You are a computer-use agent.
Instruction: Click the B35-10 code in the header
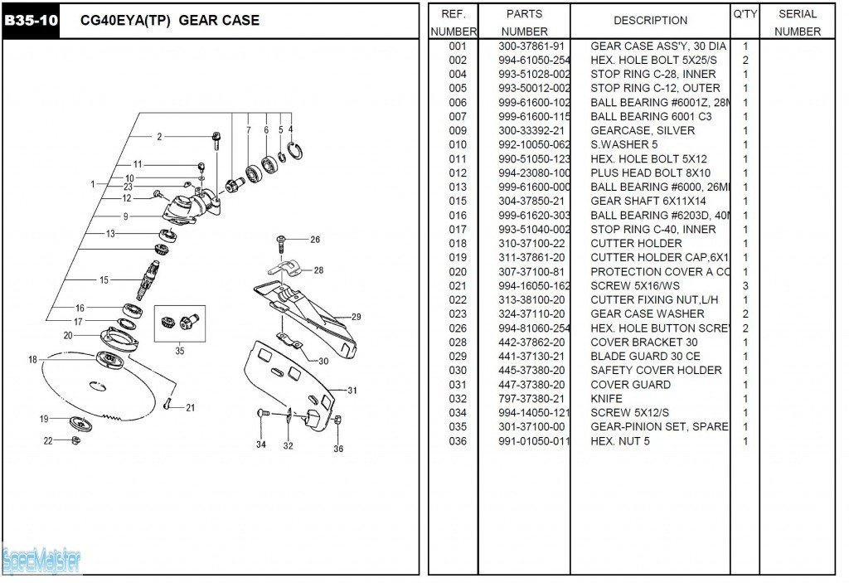point(32,20)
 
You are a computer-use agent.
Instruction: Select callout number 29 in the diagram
point(356,317)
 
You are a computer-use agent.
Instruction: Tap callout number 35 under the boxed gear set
point(180,351)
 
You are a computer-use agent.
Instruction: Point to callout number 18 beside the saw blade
point(32,359)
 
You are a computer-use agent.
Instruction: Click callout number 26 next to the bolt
point(315,240)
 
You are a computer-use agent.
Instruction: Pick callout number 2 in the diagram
point(159,137)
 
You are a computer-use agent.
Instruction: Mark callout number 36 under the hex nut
point(338,449)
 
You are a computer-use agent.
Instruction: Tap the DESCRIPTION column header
point(650,20)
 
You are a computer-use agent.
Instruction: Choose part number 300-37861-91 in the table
point(531,46)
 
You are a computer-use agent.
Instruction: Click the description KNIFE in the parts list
point(608,398)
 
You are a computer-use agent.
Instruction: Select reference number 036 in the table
point(458,440)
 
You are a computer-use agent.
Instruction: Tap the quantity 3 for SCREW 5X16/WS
point(745,285)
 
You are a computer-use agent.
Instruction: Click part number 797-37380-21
point(531,398)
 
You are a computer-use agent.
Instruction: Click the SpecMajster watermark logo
point(41,561)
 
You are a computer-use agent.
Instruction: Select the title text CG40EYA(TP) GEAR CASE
point(169,20)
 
